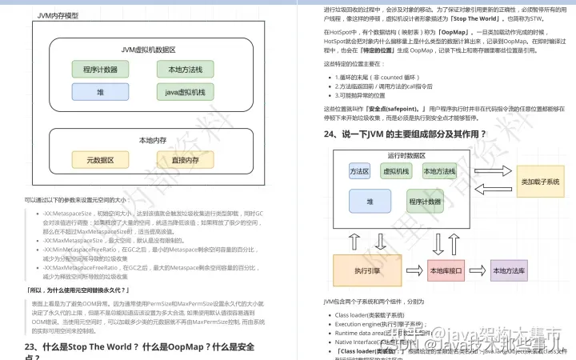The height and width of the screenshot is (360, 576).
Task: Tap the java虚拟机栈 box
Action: click(x=186, y=92)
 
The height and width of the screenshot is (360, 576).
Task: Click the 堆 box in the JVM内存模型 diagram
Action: click(x=100, y=92)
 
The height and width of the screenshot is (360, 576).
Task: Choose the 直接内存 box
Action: click(x=185, y=160)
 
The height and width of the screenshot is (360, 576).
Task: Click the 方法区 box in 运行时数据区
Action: click(x=359, y=172)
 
